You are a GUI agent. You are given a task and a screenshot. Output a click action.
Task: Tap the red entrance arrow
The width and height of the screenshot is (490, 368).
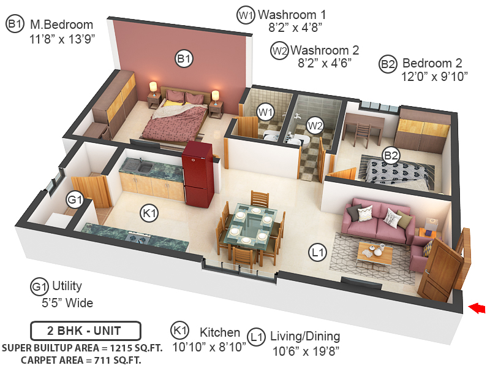477,308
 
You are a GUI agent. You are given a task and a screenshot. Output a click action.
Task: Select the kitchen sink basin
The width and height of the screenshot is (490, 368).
145,167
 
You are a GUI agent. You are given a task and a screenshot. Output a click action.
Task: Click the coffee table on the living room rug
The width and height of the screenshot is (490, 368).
375,251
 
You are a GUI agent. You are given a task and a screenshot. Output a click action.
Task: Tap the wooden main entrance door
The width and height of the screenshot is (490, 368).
439,269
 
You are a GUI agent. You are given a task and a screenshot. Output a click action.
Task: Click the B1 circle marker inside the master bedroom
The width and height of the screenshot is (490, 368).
184,58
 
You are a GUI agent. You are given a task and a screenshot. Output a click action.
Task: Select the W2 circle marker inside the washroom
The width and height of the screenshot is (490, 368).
315,126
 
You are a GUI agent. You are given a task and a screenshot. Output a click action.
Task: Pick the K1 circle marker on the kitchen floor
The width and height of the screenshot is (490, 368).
149,213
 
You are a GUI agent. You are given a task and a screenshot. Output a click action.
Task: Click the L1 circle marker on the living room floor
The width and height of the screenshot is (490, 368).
317,252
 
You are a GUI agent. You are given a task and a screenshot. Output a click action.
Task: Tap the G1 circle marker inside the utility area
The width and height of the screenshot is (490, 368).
75,199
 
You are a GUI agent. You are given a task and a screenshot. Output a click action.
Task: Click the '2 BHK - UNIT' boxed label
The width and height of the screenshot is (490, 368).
85,331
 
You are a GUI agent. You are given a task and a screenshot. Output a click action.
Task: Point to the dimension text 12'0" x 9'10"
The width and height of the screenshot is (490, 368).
434,76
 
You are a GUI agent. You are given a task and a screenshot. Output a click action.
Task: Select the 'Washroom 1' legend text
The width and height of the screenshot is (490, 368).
292,15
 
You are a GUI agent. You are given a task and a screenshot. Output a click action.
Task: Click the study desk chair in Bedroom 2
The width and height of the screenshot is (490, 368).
362,134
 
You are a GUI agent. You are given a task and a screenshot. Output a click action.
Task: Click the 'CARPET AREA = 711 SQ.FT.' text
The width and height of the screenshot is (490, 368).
81,360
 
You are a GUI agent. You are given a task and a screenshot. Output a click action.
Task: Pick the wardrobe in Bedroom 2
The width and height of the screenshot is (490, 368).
423,131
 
